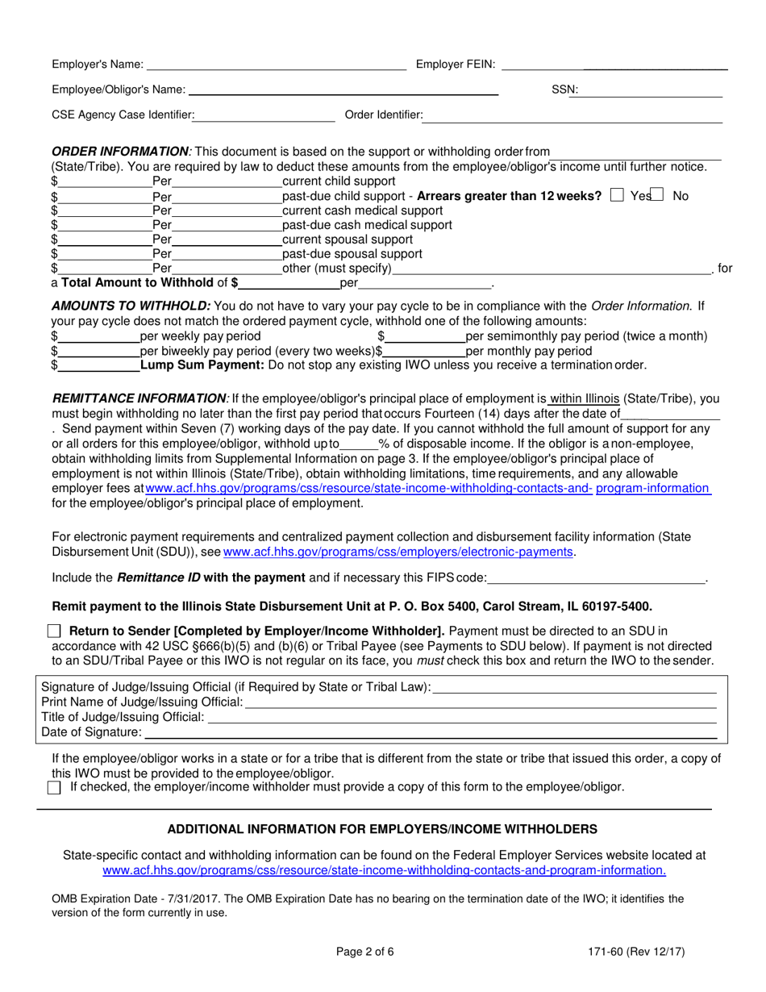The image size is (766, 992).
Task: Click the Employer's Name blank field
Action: (x=276, y=65)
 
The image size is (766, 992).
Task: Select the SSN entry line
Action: (x=651, y=91)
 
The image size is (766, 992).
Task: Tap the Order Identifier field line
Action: (x=572, y=116)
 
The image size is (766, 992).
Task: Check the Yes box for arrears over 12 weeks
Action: (x=618, y=195)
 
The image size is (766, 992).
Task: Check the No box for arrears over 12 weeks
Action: (x=658, y=195)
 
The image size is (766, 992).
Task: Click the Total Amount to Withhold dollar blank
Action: (x=289, y=284)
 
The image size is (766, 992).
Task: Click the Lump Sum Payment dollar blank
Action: (x=98, y=366)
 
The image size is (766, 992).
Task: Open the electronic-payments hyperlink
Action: (x=398, y=552)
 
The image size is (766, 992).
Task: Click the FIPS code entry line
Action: (x=596, y=578)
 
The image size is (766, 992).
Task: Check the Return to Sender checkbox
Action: (x=54, y=631)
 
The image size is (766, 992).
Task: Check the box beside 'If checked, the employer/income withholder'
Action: (x=54, y=788)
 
